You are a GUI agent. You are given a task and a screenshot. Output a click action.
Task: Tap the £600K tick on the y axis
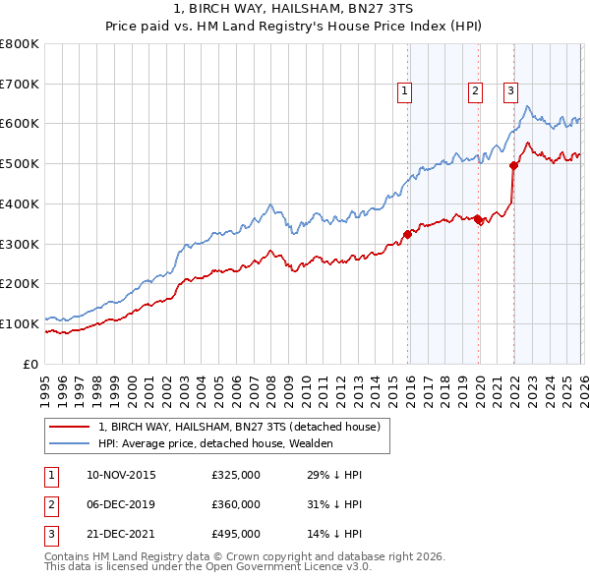20,124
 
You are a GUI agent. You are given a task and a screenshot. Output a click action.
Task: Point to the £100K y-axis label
20,323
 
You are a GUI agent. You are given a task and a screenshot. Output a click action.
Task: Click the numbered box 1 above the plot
405,91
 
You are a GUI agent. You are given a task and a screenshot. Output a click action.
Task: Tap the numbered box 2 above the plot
475,91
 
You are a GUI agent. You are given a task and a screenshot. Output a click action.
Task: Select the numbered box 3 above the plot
511,91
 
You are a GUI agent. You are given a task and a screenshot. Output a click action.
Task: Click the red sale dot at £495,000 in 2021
513,166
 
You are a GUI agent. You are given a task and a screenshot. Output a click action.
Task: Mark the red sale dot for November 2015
406,234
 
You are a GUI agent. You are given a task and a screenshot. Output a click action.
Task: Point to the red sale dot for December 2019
478,219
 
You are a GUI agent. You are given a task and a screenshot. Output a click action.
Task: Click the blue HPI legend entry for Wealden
216,443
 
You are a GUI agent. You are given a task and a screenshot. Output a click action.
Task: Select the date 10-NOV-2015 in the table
121,475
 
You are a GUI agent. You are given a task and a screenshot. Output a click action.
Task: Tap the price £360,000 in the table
235,504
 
